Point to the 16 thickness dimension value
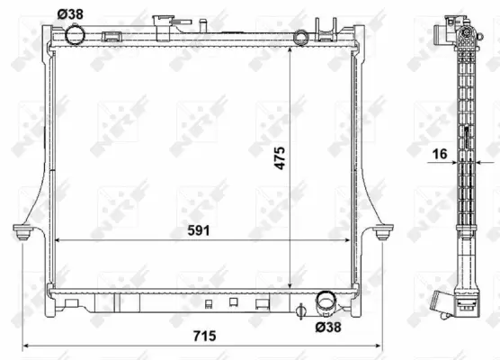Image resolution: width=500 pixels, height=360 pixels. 438,155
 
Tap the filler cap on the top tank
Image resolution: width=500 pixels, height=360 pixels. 164,22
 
